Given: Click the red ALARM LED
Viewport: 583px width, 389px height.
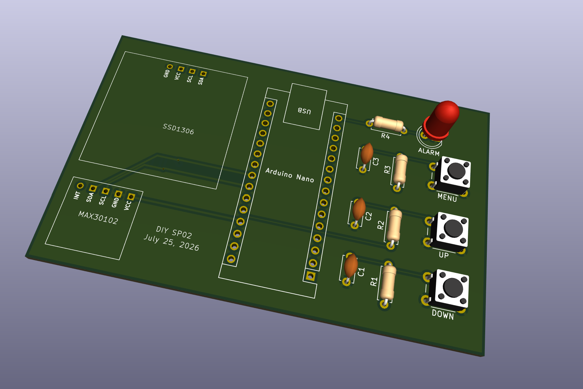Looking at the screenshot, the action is [x=441, y=119].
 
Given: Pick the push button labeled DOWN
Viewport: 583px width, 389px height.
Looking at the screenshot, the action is [x=449, y=289].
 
